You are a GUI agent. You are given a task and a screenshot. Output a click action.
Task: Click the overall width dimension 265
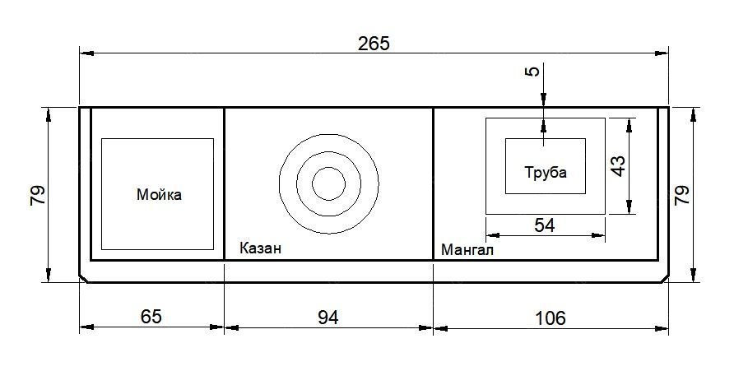click(x=374, y=44)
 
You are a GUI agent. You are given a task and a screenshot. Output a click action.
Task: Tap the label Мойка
click(x=159, y=195)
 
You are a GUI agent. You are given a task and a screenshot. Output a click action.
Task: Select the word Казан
click(x=260, y=248)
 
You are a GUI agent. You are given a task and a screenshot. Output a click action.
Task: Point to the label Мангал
click(x=467, y=249)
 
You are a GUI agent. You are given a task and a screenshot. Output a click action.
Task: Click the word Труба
click(x=546, y=172)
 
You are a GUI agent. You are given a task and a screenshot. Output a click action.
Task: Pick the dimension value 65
click(x=151, y=316)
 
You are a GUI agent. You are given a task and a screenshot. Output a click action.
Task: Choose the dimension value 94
click(x=328, y=318)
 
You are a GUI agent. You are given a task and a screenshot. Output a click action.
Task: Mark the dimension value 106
click(x=550, y=318)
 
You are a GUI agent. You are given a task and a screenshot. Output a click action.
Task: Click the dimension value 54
click(x=545, y=225)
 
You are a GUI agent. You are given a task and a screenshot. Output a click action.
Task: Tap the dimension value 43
click(x=618, y=165)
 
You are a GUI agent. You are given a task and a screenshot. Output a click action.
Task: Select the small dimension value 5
click(x=534, y=71)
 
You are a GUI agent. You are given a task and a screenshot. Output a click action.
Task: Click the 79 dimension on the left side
click(x=37, y=195)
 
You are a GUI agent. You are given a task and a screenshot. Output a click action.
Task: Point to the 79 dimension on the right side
click(x=681, y=195)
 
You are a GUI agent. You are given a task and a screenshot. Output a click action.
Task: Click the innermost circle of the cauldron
click(x=328, y=168)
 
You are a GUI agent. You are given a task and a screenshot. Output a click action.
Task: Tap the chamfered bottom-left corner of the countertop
click(x=83, y=278)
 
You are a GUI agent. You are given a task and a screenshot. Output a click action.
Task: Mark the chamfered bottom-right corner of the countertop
click(x=663, y=278)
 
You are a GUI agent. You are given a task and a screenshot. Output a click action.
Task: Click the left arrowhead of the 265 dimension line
click(x=86, y=53)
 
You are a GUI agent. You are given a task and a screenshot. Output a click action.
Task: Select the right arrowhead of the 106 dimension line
click(x=662, y=327)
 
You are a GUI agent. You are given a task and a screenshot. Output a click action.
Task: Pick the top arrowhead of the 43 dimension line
click(x=630, y=125)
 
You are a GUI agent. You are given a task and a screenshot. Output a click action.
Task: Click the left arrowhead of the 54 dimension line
click(x=493, y=235)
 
